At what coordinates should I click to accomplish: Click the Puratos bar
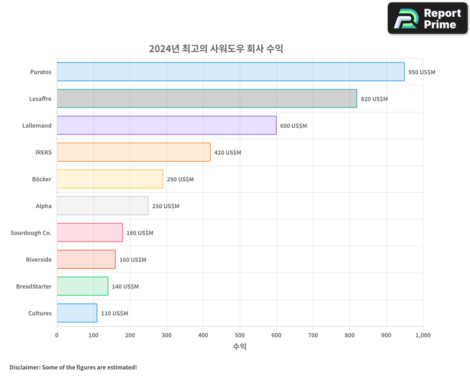230,72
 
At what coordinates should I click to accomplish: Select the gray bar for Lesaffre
207,99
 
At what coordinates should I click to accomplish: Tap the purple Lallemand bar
166,125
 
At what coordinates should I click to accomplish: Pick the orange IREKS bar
133,152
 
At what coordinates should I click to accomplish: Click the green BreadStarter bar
82,286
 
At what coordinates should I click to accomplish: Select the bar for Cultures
77,313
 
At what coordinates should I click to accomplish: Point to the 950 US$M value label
422,72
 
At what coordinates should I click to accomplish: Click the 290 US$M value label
180,180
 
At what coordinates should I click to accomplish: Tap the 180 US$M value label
140,233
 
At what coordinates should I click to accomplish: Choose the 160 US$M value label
133,260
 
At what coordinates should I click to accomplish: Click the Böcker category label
42,179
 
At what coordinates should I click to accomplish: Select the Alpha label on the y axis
44,206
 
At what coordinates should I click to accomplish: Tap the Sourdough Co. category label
31,233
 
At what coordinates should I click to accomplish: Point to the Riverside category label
39,259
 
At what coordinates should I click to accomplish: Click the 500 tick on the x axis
240,335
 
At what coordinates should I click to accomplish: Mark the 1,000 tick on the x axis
423,335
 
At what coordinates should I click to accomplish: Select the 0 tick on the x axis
57,335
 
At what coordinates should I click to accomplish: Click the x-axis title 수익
240,347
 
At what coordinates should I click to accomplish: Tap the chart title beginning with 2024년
216,48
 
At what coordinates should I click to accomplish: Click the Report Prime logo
427,18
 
